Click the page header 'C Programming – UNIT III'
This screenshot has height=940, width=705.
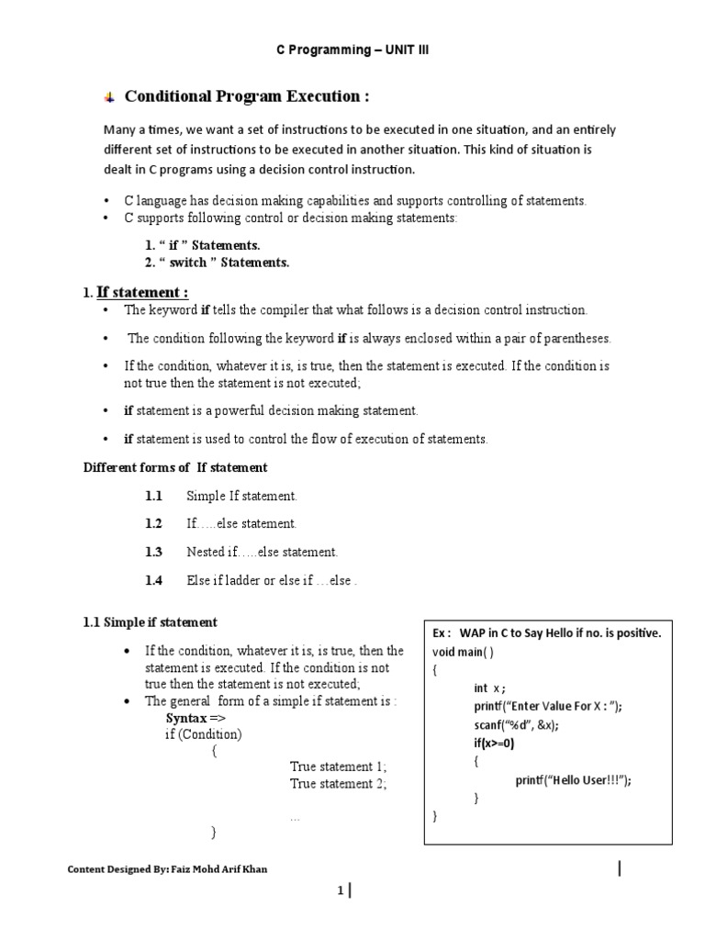pyautogui.click(x=352, y=50)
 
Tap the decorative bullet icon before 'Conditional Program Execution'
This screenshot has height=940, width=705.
pyautogui.click(x=108, y=97)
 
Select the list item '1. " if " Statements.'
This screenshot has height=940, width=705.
pyautogui.click(x=197, y=245)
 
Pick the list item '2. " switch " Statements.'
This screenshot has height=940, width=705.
pyautogui.click(x=212, y=263)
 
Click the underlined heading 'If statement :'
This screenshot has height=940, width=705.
pyautogui.click(x=142, y=292)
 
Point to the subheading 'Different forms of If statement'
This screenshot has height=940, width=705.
pyautogui.click(x=175, y=467)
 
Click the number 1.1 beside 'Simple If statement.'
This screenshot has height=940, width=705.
pyautogui.click(x=153, y=496)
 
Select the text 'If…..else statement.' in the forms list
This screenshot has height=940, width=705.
pyautogui.click(x=241, y=523)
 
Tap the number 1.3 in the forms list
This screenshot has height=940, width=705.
pyautogui.click(x=153, y=552)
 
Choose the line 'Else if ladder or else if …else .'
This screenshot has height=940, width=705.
pyautogui.click(x=272, y=580)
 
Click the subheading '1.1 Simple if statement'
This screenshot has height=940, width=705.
pyautogui.click(x=151, y=622)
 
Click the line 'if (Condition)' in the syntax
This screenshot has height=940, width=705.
pyautogui.click(x=204, y=734)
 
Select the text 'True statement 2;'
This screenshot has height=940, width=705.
pyautogui.click(x=338, y=783)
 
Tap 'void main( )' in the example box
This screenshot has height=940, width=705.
pyautogui.click(x=463, y=652)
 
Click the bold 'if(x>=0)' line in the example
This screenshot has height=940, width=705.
pyautogui.click(x=495, y=743)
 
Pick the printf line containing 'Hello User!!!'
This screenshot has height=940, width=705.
pyautogui.click(x=573, y=779)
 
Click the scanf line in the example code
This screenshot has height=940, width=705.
pyautogui.click(x=516, y=724)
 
